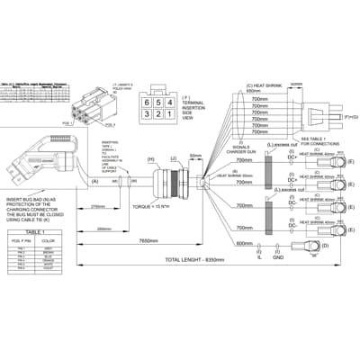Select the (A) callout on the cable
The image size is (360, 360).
pyautogui.click(x=95, y=182)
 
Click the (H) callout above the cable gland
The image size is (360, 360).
pyautogui.click(x=150, y=159)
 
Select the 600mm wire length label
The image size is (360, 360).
pyautogui.click(x=245, y=242)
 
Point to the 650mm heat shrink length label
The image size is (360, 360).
pyautogui.click(x=240, y=94)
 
